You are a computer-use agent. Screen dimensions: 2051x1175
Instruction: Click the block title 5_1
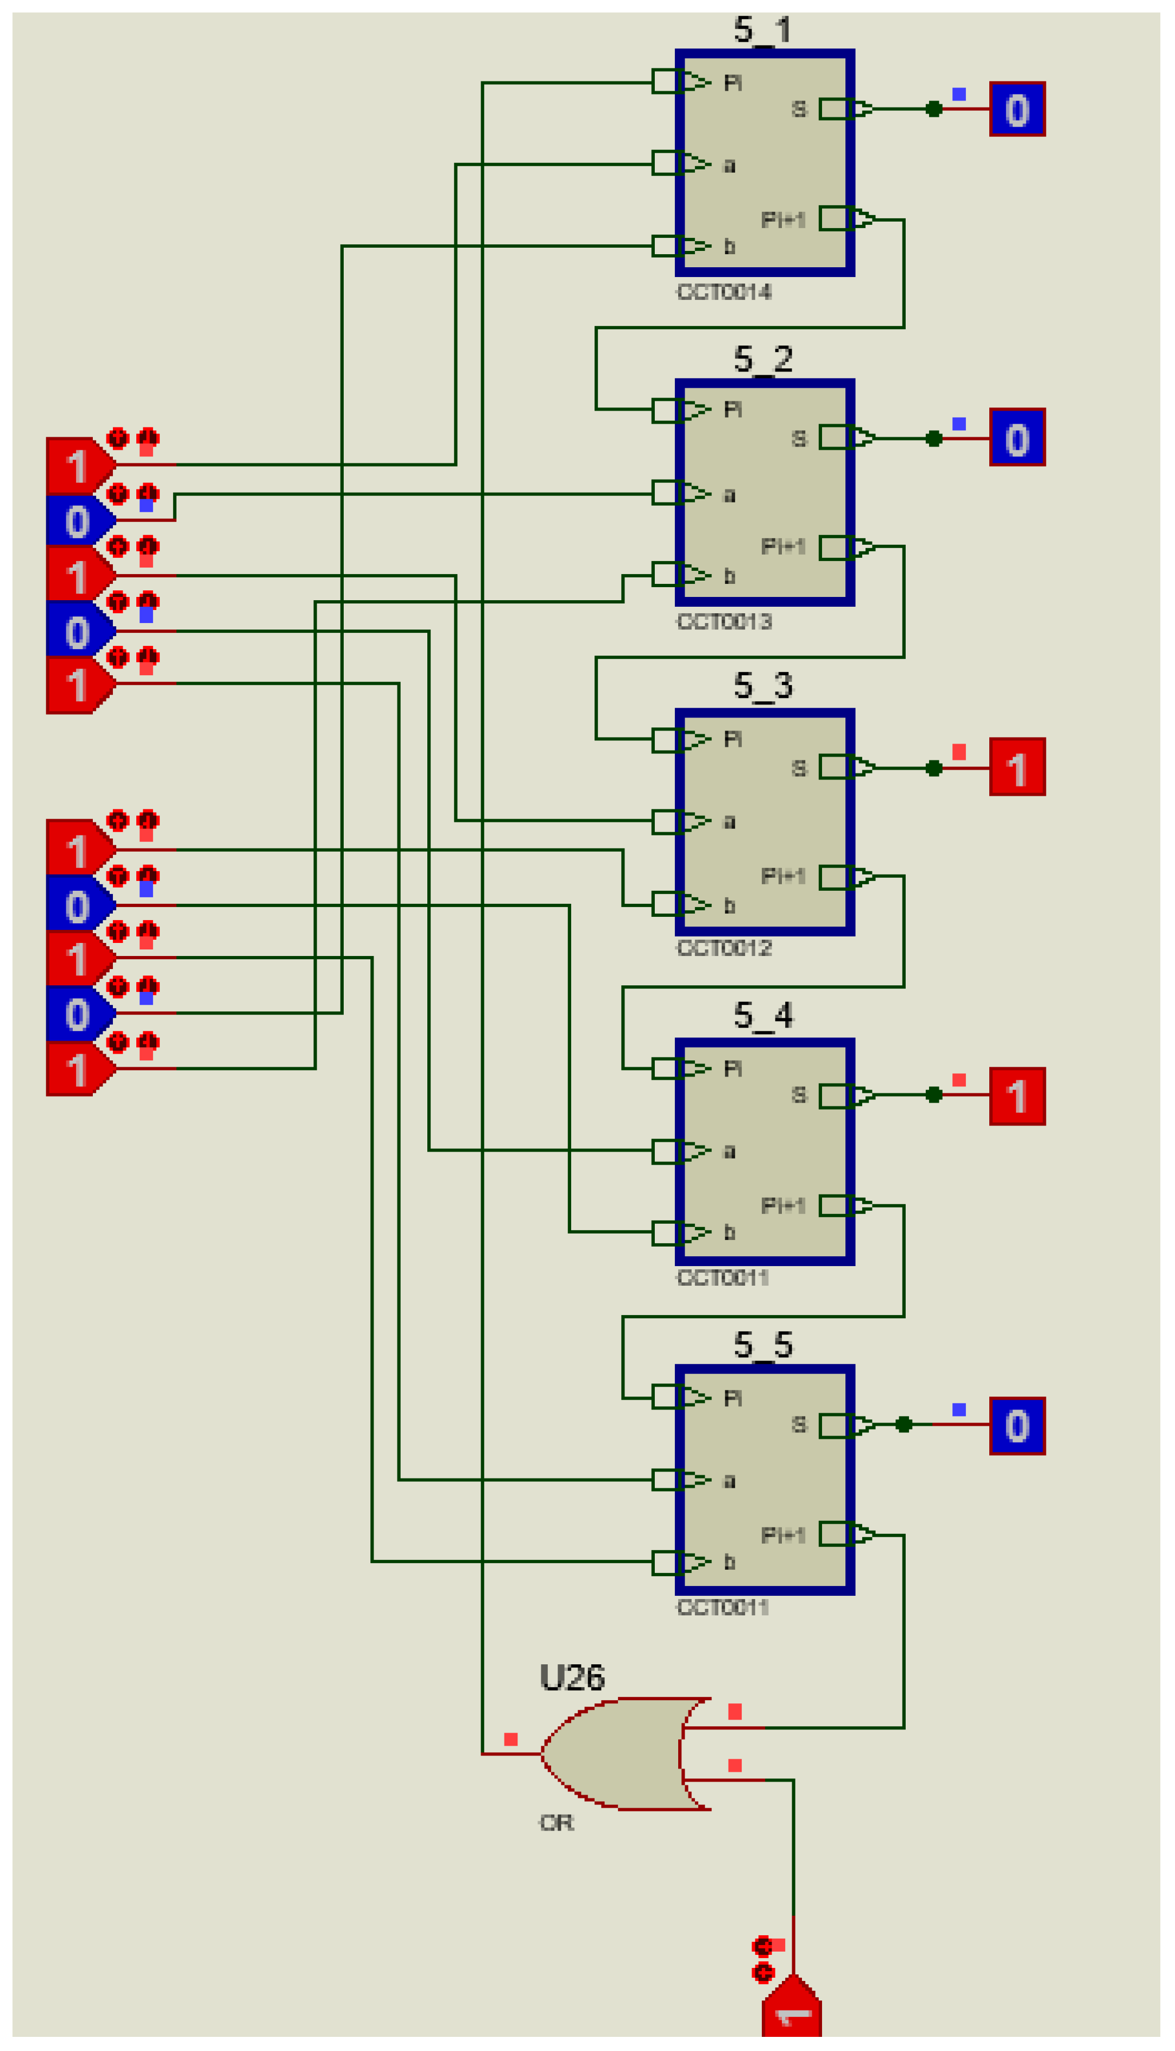[763, 30]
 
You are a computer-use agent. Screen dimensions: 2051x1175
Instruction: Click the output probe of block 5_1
[1017, 109]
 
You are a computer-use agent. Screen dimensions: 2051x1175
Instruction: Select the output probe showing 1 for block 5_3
[1017, 767]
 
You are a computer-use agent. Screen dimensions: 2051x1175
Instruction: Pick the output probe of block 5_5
[1017, 1425]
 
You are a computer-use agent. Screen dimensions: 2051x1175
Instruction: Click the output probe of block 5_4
[1017, 1096]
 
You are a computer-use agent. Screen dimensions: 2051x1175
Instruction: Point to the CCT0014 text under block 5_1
[723, 292]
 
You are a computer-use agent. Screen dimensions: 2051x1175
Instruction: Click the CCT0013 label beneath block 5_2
[723, 621]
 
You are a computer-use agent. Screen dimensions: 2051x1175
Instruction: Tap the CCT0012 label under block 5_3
[723, 948]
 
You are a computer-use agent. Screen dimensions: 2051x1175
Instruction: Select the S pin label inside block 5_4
[798, 1096]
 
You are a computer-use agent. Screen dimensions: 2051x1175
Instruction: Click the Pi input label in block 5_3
[732, 739]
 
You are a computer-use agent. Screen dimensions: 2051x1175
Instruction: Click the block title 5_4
[763, 1015]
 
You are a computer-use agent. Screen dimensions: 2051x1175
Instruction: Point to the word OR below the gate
[556, 1822]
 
